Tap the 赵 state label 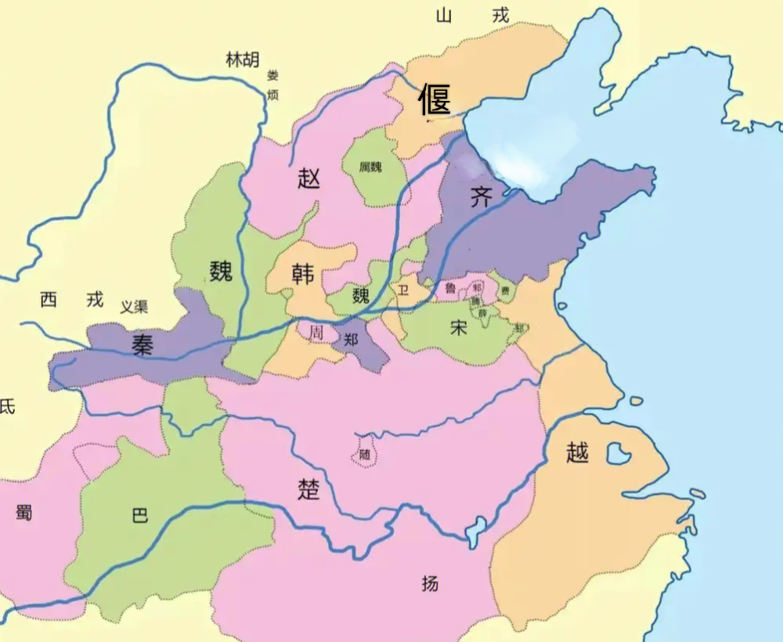[309, 179]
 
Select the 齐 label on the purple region [482, 197]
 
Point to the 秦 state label [143, 344]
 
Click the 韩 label [302, 275]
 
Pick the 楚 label [309, 488]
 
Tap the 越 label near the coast [577, 453]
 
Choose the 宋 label [459, 327]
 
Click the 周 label [316, 332]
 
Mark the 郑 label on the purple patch [352, 340]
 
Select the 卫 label [404, 290]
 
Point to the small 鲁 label [450, 288]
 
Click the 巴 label [139, 517]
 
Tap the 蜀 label [23, 513]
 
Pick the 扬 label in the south [430, 583]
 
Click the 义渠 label [134, 308]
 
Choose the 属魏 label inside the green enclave [370, 167]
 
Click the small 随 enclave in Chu [365, 453]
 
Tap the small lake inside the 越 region [619, 453]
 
